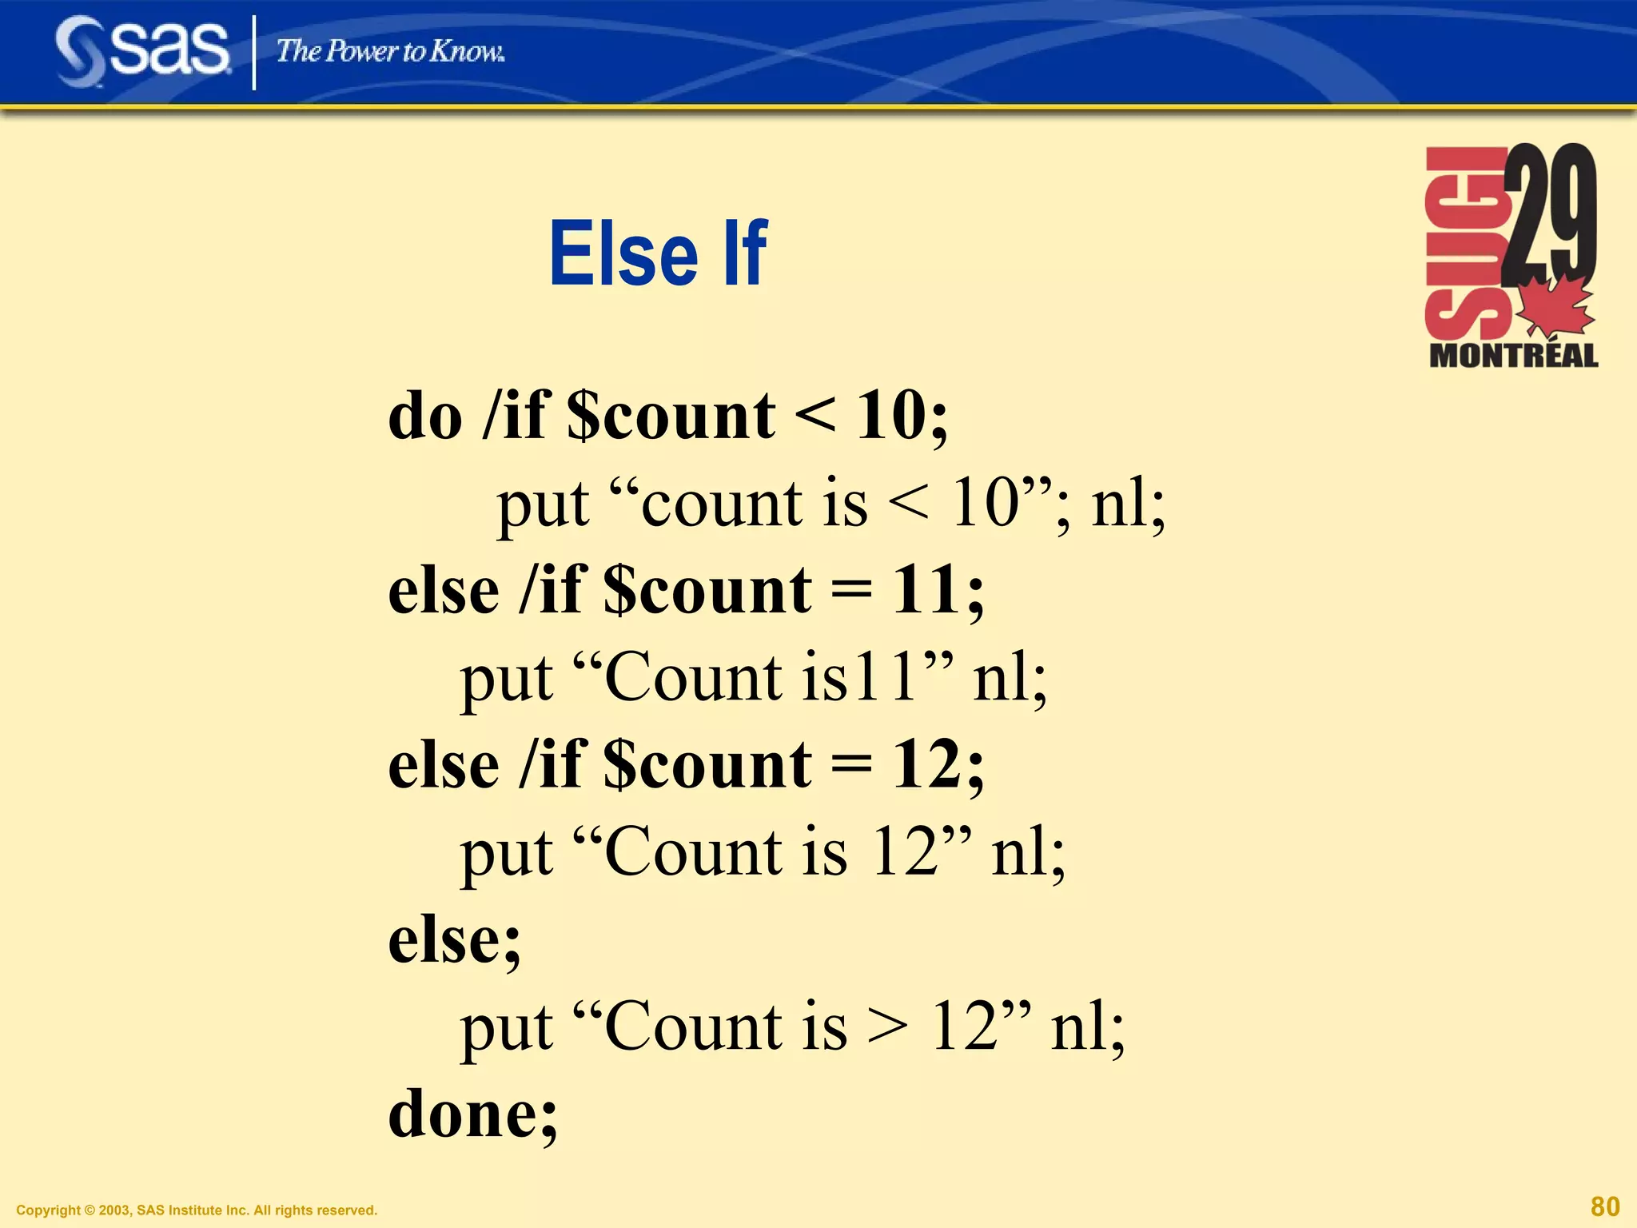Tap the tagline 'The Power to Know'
click(x=390, y=51)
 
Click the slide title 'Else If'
click(x=658, y=253)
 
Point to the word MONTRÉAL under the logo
click(x=1513, y=356)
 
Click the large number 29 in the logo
click(x=1548, y=213)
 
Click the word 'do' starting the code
click(x=424, y=417)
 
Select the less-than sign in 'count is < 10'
click(x=909, y=505)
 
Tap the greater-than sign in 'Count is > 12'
click(x=888, y=1027)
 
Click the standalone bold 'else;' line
click(x=454, y=940)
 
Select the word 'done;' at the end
click(x=472, y=1114)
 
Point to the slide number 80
click(x=1605, y=1206)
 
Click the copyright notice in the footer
click(x=197, y=1210)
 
